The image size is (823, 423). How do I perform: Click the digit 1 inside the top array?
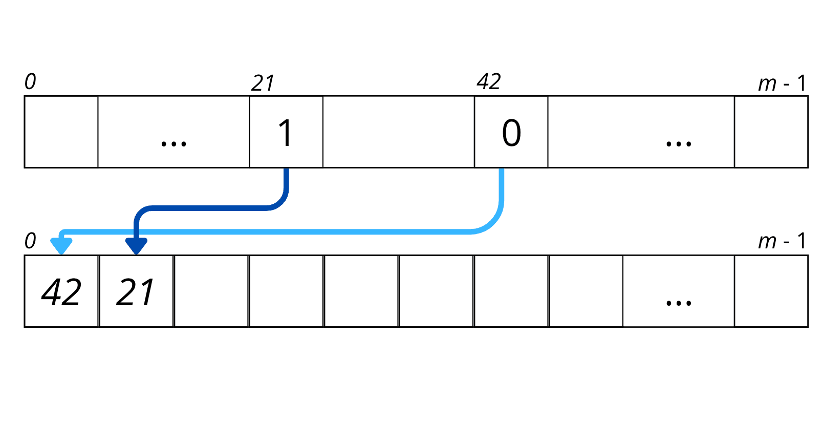coord(286,133)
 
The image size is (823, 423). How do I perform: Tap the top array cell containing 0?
coord(511,132)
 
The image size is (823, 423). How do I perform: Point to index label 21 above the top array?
coord(263,83)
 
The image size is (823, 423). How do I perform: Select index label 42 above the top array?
coord(488,81)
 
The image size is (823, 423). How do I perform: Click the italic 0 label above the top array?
coord(30,82)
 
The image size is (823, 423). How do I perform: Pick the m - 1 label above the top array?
coord(782,83)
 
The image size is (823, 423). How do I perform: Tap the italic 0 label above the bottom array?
coord(30,241)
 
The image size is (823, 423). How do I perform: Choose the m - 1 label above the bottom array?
coord(782,241)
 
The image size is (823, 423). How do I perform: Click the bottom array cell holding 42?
coord(61,291)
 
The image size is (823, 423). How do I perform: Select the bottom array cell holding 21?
coord(136,291)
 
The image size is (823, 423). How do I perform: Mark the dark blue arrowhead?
coord(136,246)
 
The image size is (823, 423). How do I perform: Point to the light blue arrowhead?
coord(61,246)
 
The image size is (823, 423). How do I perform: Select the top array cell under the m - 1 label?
coord(771,132)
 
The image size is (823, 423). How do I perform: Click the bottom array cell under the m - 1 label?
coord(771,291)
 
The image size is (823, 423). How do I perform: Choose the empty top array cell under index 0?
coord(61,132)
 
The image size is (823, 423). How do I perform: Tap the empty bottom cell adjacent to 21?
coord(211,291)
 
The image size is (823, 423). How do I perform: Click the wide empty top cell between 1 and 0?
coord(399,132)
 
